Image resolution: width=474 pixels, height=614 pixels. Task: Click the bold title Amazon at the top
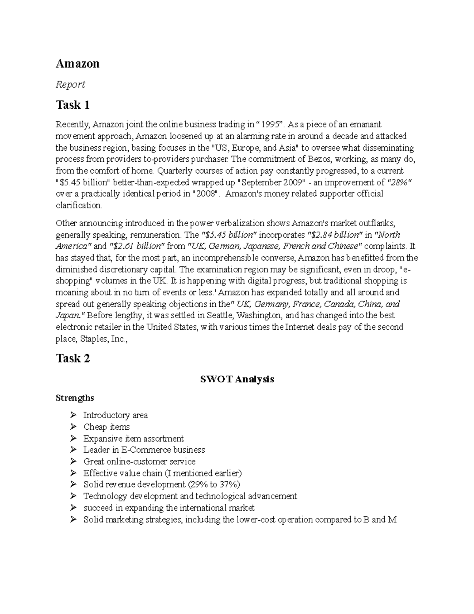pyautogui.click(x=77, y=64)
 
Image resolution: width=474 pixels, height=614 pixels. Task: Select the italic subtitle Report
pyautogui.click(x=70, y=85)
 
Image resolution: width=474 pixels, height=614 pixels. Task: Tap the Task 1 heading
pyautogui.click(x=73, y=105)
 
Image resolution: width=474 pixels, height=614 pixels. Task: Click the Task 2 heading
pyautogui.click(x=73, y=359)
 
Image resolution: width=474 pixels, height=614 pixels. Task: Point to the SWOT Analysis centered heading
pyautogui.click(x=237, y=380)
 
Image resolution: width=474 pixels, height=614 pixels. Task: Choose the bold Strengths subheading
pyautogui.click(x=75, y=398)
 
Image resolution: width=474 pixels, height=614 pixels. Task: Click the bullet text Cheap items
pyautogui.click(x=106, y=427)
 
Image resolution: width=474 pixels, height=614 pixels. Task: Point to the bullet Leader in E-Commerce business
pyautogui.click(x=144, y=450)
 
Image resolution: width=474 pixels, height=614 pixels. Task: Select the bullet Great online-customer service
pyautogui.click(x=139, y=462)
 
